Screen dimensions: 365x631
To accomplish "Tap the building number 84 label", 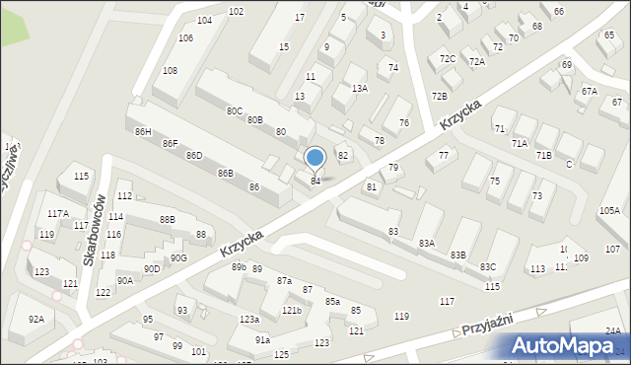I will click(315, 181).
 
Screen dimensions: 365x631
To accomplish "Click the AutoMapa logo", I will click(567, 344).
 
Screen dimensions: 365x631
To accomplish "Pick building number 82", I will click(343, 156).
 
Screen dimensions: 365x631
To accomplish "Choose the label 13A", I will click(360, 89).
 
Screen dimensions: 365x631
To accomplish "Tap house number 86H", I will click(144, 132).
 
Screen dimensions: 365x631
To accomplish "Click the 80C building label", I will click(235, 111).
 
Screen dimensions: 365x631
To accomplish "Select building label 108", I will click(170, 71).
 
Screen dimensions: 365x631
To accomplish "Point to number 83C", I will click(488, 266).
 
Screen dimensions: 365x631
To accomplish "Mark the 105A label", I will click(608, 211).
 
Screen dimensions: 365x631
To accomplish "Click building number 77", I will click(444, 156).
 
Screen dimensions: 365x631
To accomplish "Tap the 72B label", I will click(439, 96).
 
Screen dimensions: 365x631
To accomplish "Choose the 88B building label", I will click(167, 219).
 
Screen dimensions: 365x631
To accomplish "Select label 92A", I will click(36, 319).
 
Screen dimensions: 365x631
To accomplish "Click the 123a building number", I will click(249, 320).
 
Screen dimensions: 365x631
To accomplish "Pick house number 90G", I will click(178, 258).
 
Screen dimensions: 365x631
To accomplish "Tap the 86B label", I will click(226, 174).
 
